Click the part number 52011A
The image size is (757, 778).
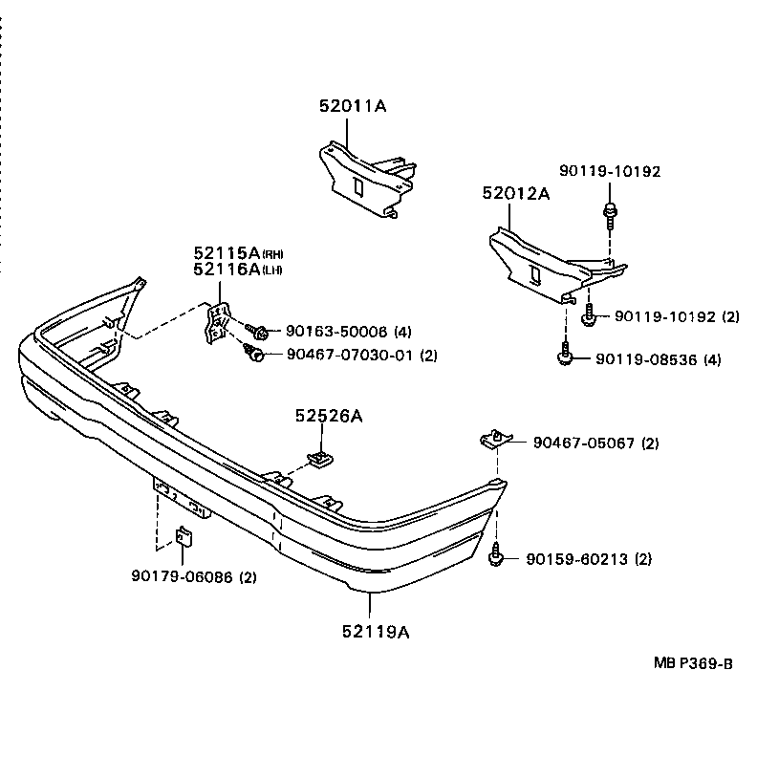click(352, 107)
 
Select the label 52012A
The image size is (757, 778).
click(516, 193)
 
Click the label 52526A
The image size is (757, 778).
click(328, 416)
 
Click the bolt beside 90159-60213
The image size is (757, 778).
click(496, 555)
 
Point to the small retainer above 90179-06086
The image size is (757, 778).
click(184, 537)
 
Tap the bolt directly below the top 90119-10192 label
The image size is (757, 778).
click(608, 211)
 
